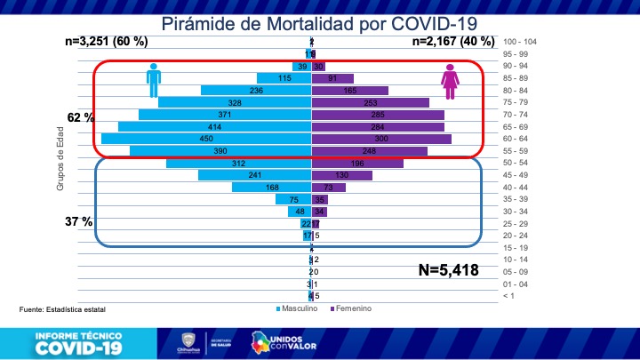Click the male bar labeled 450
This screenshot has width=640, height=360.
tap(206, 139)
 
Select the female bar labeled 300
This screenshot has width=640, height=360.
tap(381, 139)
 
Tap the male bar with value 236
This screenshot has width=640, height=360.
tap(256, 91)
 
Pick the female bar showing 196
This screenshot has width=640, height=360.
tap(357, 164)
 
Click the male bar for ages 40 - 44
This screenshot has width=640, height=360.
tap(271, 188)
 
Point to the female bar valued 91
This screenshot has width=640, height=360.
tap(332, 78)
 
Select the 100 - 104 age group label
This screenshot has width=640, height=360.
tap(520, 43)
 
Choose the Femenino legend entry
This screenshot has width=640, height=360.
tap(351, 308)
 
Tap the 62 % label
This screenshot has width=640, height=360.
tap(81, 117)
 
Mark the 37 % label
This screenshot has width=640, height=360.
tap(79, 221)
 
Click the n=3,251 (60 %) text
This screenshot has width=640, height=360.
tap(107, 41)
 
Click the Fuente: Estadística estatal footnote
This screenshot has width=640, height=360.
tap(62, 309)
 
